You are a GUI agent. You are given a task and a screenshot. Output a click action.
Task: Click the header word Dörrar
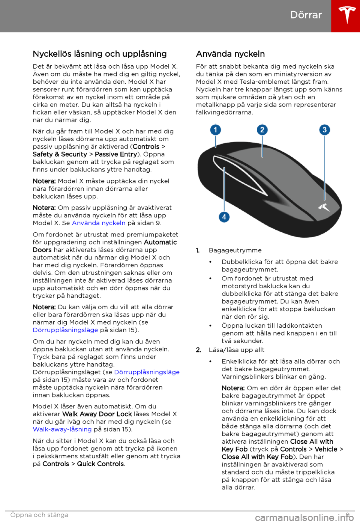point(306,15)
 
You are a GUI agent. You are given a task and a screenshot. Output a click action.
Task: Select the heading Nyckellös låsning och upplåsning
point(100,54)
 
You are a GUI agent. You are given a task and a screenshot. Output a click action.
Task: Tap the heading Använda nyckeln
point(230,54)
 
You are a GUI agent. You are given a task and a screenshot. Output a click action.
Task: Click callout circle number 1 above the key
point(215,130)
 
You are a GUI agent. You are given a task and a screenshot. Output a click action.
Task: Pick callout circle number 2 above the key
point(262,130)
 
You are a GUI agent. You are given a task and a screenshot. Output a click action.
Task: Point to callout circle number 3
point(324,130)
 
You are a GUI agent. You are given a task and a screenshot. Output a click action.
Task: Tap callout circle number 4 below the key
point(224,217)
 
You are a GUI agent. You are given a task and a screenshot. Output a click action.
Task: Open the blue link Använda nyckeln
point(99,223)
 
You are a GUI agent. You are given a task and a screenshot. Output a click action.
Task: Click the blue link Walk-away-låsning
point(62,429)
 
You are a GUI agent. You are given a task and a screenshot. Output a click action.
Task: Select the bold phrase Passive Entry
point(116,154)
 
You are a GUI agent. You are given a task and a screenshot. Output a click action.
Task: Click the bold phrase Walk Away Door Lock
point(97,414)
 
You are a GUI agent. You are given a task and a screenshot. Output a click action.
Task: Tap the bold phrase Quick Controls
point(100,464)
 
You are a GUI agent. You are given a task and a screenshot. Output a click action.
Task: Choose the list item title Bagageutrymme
point(235,250)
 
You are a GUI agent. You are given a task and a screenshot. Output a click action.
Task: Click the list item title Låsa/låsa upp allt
point(237,350)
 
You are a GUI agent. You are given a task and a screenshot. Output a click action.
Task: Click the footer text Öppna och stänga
point(39,515)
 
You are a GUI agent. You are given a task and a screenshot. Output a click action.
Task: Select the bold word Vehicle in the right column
point(326,449)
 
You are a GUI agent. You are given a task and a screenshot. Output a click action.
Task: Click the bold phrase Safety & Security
point(60,154)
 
